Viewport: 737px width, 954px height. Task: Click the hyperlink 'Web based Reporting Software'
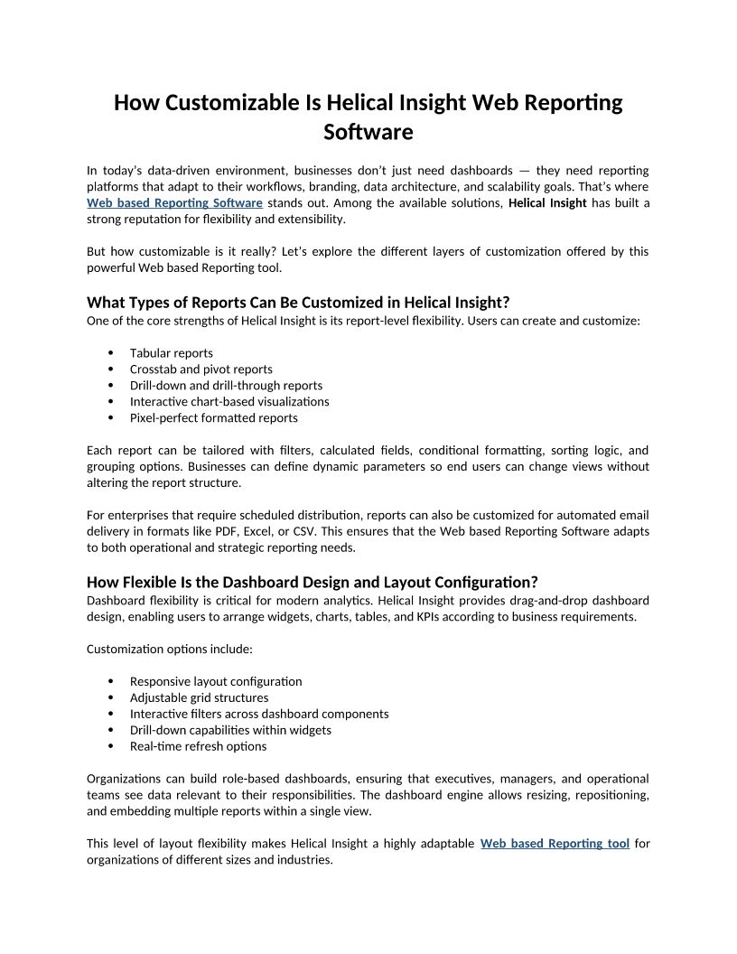pyautogui.click(x=174, y=202)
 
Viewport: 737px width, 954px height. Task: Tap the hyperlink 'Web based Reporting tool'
pyautogui.click(x=555, y=843)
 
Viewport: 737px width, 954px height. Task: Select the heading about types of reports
pyautogui.click(x=298, y=302)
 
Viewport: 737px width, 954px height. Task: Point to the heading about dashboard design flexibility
pyautogui.click(x=312, y=581)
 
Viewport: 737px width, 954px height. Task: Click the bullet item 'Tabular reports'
pyautogui.click(x=172, y=352)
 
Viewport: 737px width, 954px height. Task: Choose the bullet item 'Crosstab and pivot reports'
pyautogui.click(x=201, y=369)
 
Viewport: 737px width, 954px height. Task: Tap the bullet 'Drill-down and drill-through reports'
pyautogui.click(x=226, y=385)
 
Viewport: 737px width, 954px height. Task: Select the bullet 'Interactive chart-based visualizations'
pyautogui.click(x=229, y=401)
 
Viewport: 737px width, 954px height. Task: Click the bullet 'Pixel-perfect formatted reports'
pyautogui.click(x=213, y=417)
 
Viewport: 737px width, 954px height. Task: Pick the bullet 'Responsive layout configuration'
pyautogui.click(x=216, y=681)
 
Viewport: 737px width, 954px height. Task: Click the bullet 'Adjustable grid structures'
pyautogui.click(x=199, y=697)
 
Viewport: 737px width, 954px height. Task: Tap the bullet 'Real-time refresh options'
pyautogui.click(x=198, y=746)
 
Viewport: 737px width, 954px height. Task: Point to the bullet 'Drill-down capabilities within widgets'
pyautogui.click(x=230, y=730)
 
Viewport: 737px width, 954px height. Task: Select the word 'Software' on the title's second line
pyautogui.click(x=368, y=132)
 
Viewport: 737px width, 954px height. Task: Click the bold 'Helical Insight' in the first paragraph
pyautogui.click(x=547, y=202)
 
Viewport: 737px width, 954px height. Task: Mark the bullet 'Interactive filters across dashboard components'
pyautogui.click(x=259, y=714)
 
